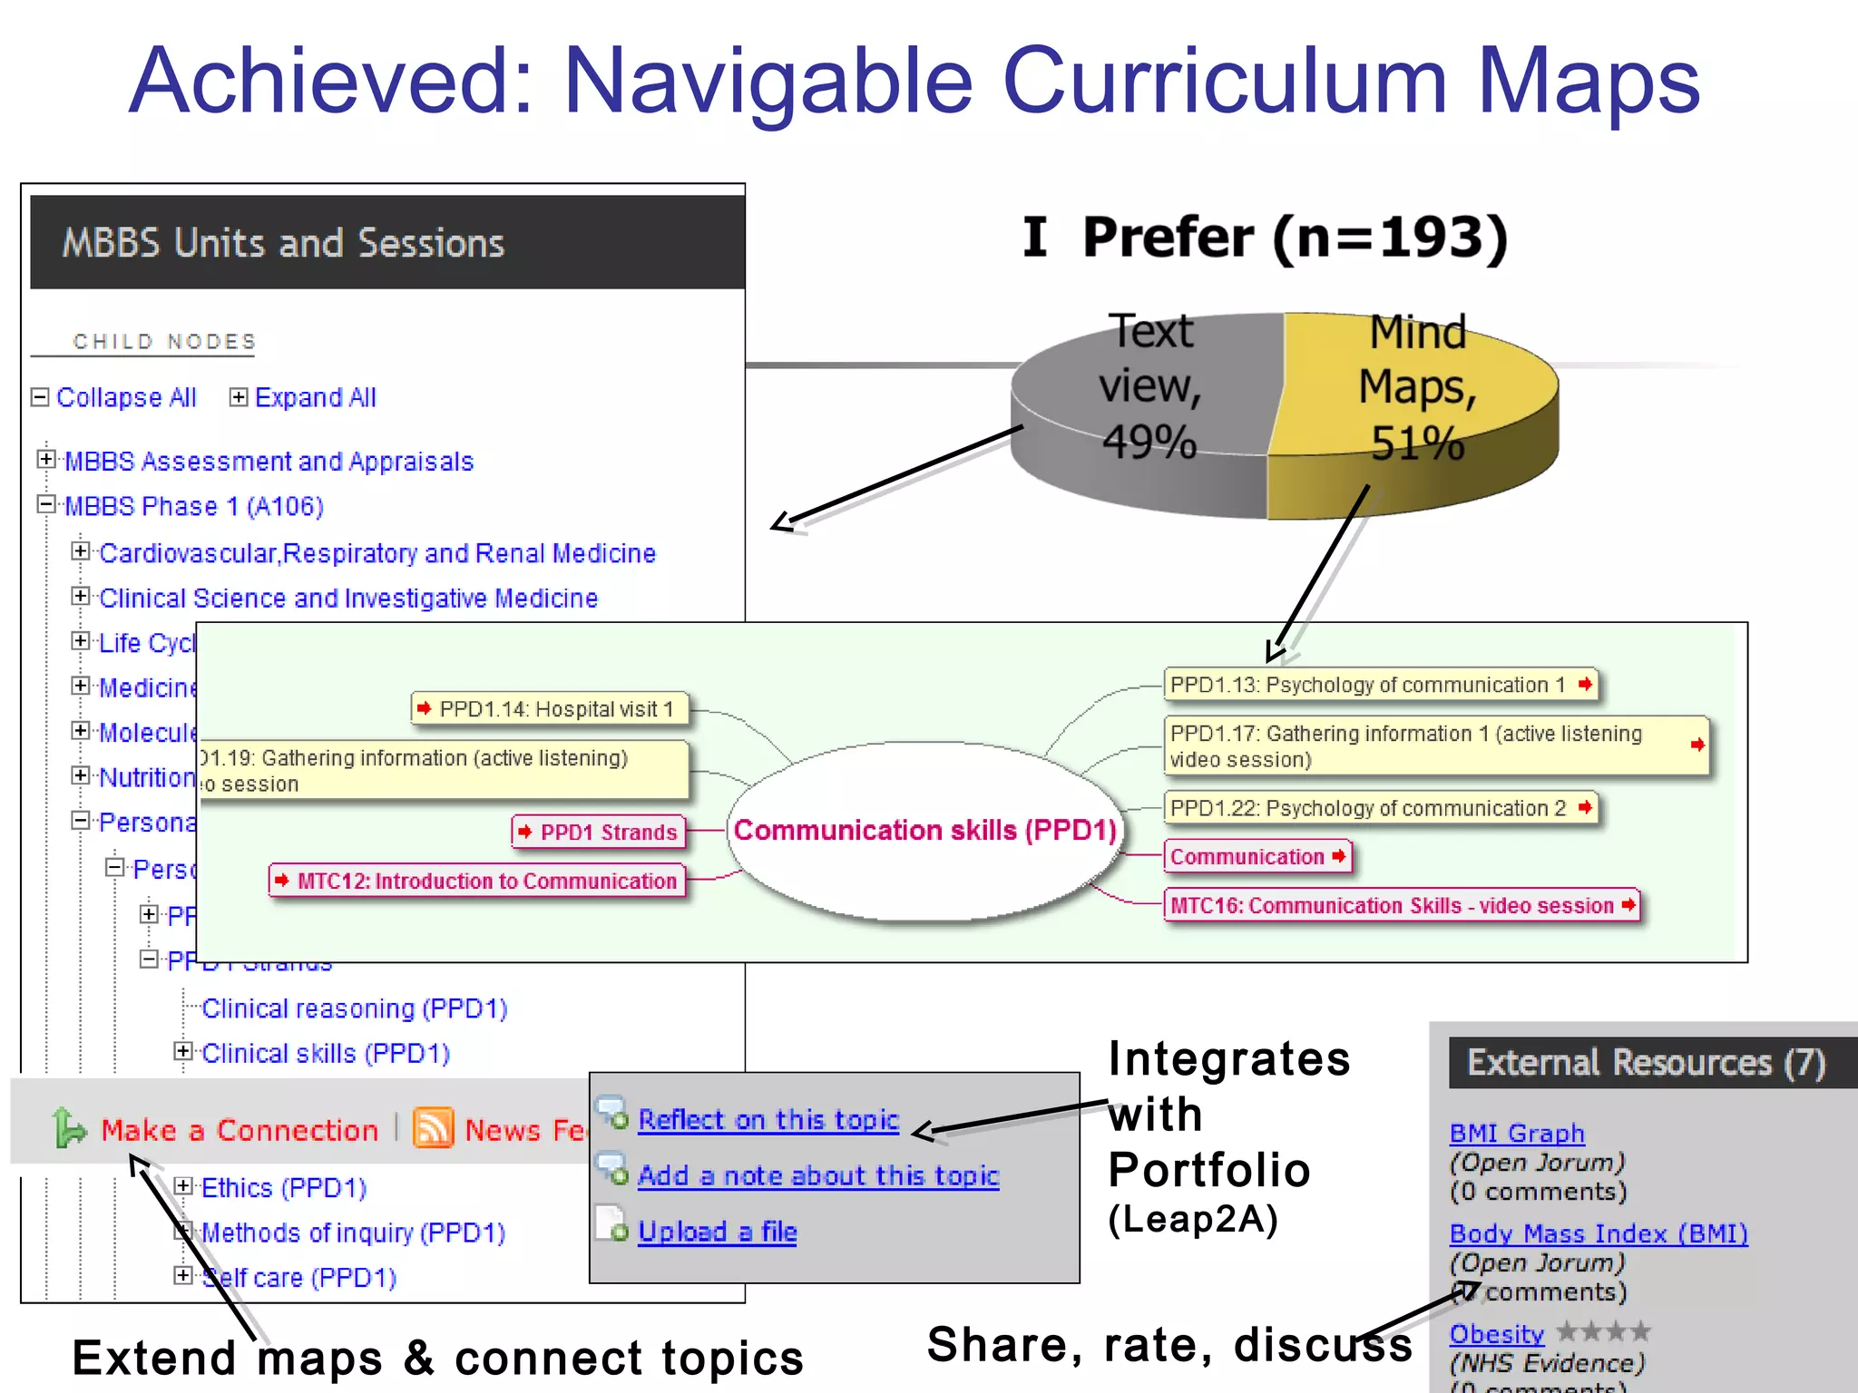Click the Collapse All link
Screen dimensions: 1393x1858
click(125, 398)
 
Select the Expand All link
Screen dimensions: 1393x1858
click(314, 398)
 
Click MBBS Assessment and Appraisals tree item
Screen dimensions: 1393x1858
click(269, 462)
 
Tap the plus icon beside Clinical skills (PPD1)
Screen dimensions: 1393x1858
click(183, 1051)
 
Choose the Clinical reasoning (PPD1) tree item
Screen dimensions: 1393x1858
click(354, 1008)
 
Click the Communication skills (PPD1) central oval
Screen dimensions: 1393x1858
click(924, 831)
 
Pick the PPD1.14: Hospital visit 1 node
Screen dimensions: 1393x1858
click(550, 709)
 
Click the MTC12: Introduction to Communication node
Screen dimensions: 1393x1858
click(478, 881)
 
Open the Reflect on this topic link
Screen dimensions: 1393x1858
click(768, 1120)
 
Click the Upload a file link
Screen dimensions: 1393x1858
click(717, 1232)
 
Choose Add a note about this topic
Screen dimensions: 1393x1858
click(817, 1176)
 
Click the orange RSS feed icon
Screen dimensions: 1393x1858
click(433, 1129)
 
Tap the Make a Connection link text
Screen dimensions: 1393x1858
click(239, 1130)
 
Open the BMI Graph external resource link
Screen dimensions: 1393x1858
click(1516, 1134)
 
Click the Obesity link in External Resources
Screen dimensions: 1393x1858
click(1496, 1334)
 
